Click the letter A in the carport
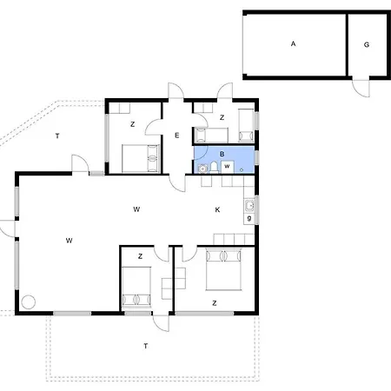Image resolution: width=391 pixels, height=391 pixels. click(x=293, y=43)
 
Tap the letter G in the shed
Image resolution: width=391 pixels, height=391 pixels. click(x=367, y=44)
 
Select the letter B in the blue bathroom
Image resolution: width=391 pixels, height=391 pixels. click(x=222, y=154)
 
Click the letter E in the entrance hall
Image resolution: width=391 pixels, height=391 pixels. click(x=177, y=136)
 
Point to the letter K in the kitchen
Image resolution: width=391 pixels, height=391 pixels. click(x=217, y=209)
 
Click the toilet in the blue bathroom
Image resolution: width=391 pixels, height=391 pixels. click(x=214, y=167)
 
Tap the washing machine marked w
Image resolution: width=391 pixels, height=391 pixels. click(x=227, y=167)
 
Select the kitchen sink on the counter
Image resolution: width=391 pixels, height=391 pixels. click(x=249, y=206)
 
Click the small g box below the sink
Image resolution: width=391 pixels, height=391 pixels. click(x=249, y=218)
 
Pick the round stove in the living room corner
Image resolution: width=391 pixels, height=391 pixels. click(x=29, y=302)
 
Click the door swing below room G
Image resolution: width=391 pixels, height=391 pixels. click(x=361, y=88)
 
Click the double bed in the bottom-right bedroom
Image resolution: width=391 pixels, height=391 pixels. click(x=223, y=269)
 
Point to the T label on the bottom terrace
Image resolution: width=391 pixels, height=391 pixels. click(x=146, y=346)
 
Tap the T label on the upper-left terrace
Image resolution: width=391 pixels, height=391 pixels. click(x=57, y=136)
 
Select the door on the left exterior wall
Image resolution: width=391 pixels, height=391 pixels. click(x=8, y=229)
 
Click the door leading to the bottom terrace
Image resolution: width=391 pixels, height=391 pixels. click(x=161, y=323)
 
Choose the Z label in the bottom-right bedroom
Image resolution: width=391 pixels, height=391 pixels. click(x=215, y=303)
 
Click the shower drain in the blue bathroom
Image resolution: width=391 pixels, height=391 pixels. click(x=242, y=169)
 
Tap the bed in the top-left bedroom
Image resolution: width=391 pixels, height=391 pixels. click(x=141, y=158)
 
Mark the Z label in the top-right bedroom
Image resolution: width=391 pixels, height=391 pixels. click(x=222, y=117)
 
